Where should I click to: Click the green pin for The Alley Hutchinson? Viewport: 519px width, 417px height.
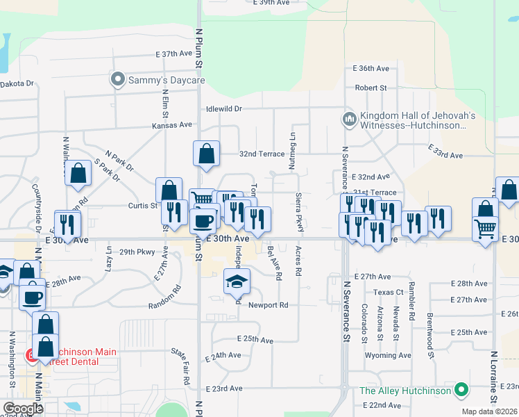(x=460, y=391)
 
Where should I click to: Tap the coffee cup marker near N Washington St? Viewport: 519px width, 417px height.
(x=32, y=297)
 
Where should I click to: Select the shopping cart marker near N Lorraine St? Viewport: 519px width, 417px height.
(x=486, y=227)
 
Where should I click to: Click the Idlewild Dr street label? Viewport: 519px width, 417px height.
(x=223, y=109)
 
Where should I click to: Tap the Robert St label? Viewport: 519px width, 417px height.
(x=371, y=88)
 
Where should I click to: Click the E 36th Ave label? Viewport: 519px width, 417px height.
(x=371, y=68)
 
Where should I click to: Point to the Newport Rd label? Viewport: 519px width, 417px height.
(x=268, y=305)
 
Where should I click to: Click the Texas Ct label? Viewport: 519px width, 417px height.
(x=388, y=293)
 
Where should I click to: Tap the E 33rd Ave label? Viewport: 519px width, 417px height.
(x=445, y=152)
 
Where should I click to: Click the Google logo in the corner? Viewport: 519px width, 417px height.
(x=23, y=409)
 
